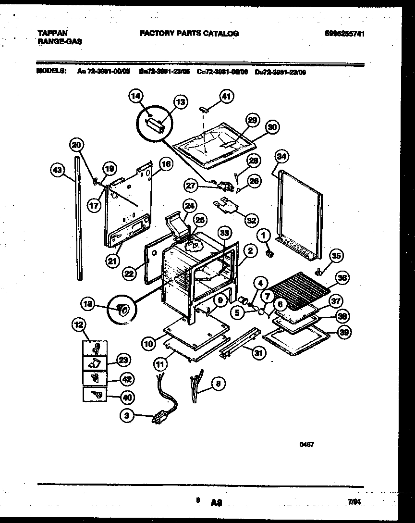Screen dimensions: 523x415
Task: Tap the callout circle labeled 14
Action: coord(136,97)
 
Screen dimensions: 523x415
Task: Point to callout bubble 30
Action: coord(272,127)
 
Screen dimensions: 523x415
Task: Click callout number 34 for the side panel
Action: coord(281,156)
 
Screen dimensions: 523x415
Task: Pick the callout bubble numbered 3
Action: coord(127,417)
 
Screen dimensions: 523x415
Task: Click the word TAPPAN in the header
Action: coord(52,33)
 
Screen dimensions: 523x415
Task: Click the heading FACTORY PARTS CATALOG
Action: coord(189,33)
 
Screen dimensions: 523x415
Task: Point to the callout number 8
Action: coord(219,384)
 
